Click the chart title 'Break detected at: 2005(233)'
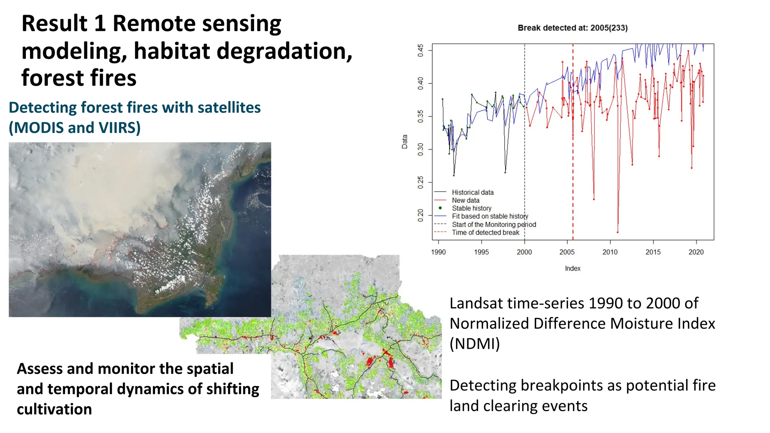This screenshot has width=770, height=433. (572, 28)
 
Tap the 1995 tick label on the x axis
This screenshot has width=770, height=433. (481, 252)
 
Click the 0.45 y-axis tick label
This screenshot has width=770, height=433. (421, 50)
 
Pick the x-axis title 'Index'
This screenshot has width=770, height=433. (572, 268)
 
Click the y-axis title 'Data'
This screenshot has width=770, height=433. (405, 142)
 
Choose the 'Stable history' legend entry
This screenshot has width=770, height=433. (471, 208)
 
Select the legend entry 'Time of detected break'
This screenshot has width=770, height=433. (485, 233)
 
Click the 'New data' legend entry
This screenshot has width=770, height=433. (465, 200)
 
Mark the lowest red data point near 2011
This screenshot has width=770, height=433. (617, 232)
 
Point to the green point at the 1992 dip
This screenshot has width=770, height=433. (454, 176)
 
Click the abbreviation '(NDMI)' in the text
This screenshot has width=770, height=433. (474, 344)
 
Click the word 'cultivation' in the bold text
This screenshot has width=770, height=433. (54, 409)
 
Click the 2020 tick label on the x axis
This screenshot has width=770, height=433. (696, 252)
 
